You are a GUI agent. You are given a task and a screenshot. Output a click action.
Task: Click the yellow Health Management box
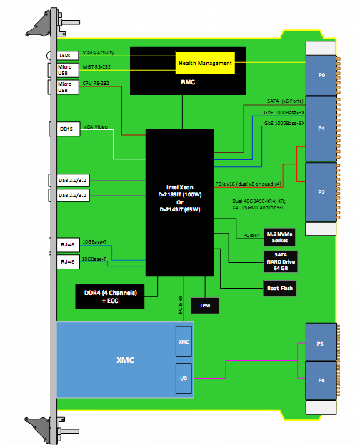(x=205, y=63)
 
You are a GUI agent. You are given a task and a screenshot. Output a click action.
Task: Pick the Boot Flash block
(x=276, y=288)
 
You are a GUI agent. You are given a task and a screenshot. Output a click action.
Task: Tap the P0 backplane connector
(x=321, y=74)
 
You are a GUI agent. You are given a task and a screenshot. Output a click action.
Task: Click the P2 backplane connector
(x=321, y=192)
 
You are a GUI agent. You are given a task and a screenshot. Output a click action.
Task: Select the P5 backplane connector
(x=321, y=342)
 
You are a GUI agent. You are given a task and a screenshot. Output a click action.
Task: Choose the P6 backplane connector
(x=321, y=381)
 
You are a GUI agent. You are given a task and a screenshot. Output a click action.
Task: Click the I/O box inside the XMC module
(x=184, y=377)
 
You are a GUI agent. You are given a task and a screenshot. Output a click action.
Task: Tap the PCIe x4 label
(x=251, y=234)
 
